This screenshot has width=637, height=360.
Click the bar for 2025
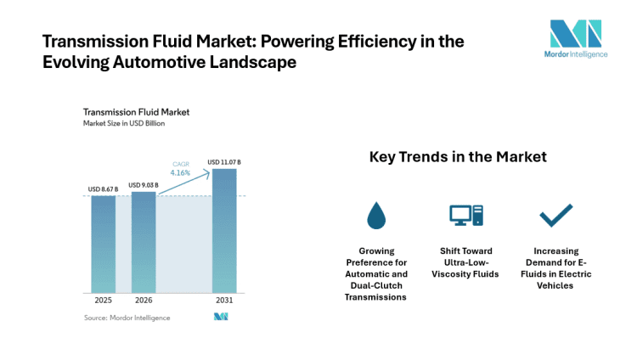[x=103, y=245]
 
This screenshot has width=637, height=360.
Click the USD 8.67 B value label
[x=104, y=189]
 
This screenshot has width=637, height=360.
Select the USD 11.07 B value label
[x=224, y=162]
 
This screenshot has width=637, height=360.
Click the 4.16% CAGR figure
[x=180, y=172]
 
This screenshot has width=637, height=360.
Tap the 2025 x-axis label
[x=103, y=301]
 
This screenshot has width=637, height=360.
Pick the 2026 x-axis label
[x=144, y=301]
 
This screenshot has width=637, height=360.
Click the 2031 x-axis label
[x=224, y=301]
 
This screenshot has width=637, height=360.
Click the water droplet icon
[x=375, y=216]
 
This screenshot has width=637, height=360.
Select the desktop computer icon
[x=465, y=216]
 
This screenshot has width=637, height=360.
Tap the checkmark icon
[x=556, y=216]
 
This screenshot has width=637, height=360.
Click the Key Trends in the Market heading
[x=458, y=157]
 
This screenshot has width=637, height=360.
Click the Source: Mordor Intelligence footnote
[x=127, y=318]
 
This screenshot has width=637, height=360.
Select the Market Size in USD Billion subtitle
[x=123, y=123]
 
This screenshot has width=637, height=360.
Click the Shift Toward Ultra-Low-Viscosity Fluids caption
[x=465, y=262]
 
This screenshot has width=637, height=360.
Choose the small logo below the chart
[x=221, y=318]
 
